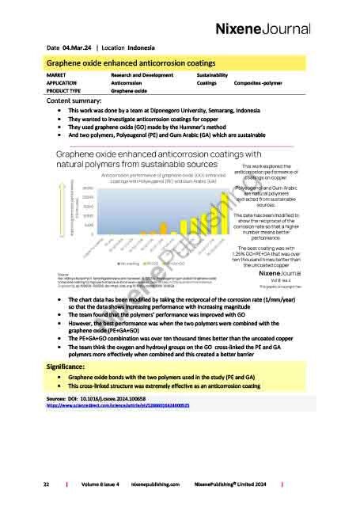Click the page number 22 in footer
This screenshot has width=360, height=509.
(48, 482)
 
